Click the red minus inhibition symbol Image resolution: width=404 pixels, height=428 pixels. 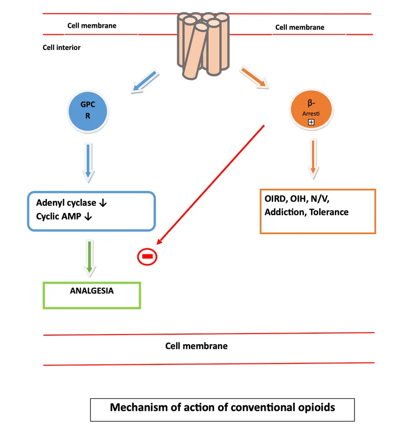coord(147,257)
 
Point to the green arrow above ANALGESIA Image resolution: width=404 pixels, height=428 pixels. coord(89,257)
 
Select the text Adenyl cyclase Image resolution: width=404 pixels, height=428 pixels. coord(66,203)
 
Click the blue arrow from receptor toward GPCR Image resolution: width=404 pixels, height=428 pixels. coord(145,82)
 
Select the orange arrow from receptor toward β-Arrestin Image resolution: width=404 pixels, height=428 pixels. coord(255,77)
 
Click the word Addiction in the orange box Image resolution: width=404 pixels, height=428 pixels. coord(283,212)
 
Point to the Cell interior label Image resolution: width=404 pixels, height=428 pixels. coord(62,48)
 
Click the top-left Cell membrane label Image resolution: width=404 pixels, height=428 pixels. coord(92,26)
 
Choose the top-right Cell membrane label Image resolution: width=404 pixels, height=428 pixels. coord(299,27)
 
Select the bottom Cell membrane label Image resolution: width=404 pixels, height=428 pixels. coord(196,346)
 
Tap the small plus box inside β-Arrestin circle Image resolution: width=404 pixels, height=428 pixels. coord(312,123)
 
